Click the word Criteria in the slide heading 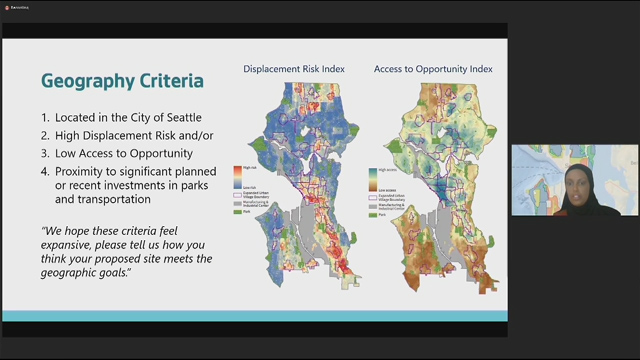tap(166, 80)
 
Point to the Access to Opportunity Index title tap(432, 69)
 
